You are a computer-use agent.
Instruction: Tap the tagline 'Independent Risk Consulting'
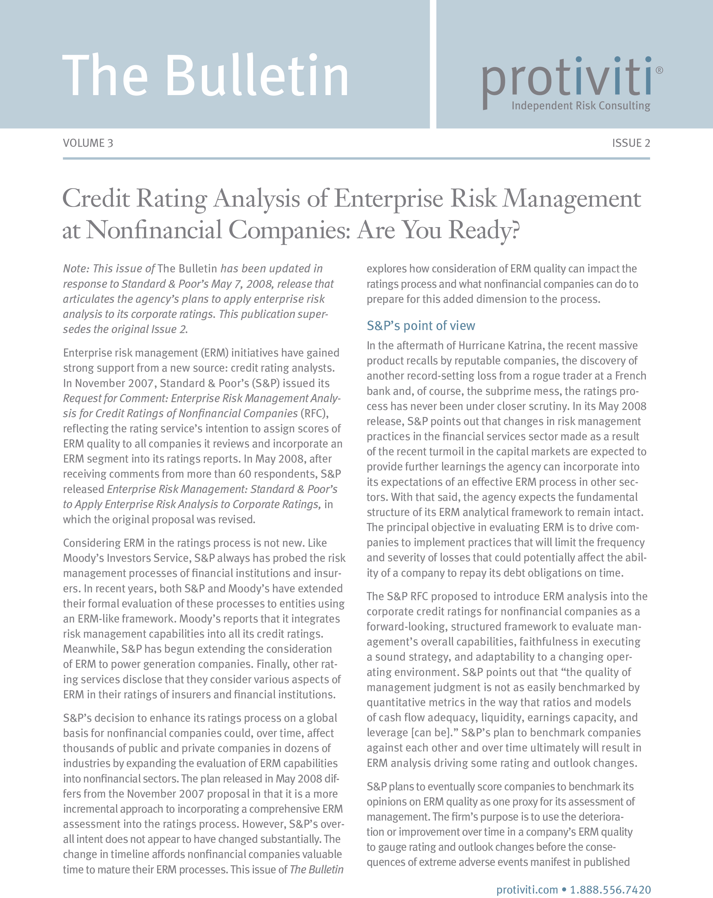(x=580, y=106)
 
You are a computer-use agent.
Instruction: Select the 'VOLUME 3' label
(x=88, y=143)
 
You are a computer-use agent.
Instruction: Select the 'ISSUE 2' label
(x=631, y=143)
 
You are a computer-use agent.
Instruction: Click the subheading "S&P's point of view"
(x=421, y=326)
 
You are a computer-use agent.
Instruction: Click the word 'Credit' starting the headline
(x=96, y=198)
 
